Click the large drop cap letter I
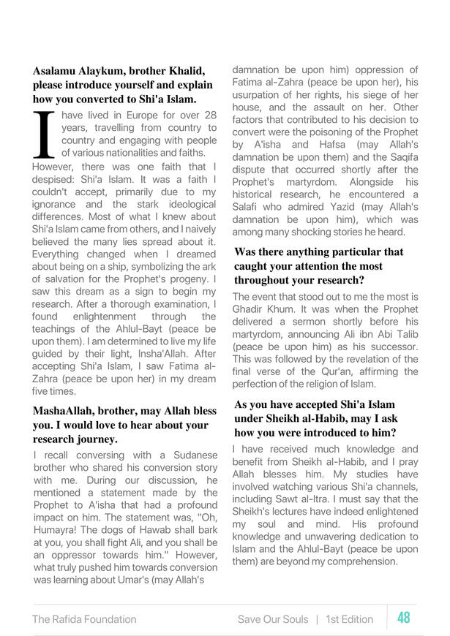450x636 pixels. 45,135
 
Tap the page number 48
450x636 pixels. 403,618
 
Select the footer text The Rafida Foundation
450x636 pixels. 83,619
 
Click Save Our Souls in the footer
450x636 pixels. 271,619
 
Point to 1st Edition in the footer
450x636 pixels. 348,619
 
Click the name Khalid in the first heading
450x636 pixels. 182,71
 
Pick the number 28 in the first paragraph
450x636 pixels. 209,116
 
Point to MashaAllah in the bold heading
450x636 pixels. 64,412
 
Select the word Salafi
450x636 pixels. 250,207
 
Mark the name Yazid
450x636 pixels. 350,207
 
